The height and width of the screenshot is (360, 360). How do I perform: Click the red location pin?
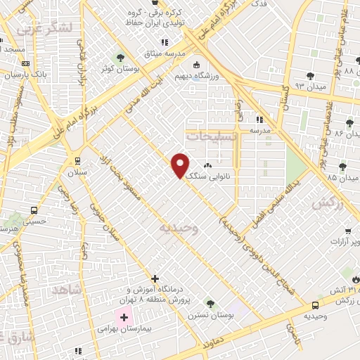point(181,165)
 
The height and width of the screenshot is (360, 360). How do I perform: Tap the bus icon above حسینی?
point(34,210)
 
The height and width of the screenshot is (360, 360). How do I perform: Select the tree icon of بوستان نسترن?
point(210,303)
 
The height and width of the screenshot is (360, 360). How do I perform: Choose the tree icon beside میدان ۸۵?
point(342,167)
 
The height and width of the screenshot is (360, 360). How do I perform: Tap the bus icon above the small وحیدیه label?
point(314,306)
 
